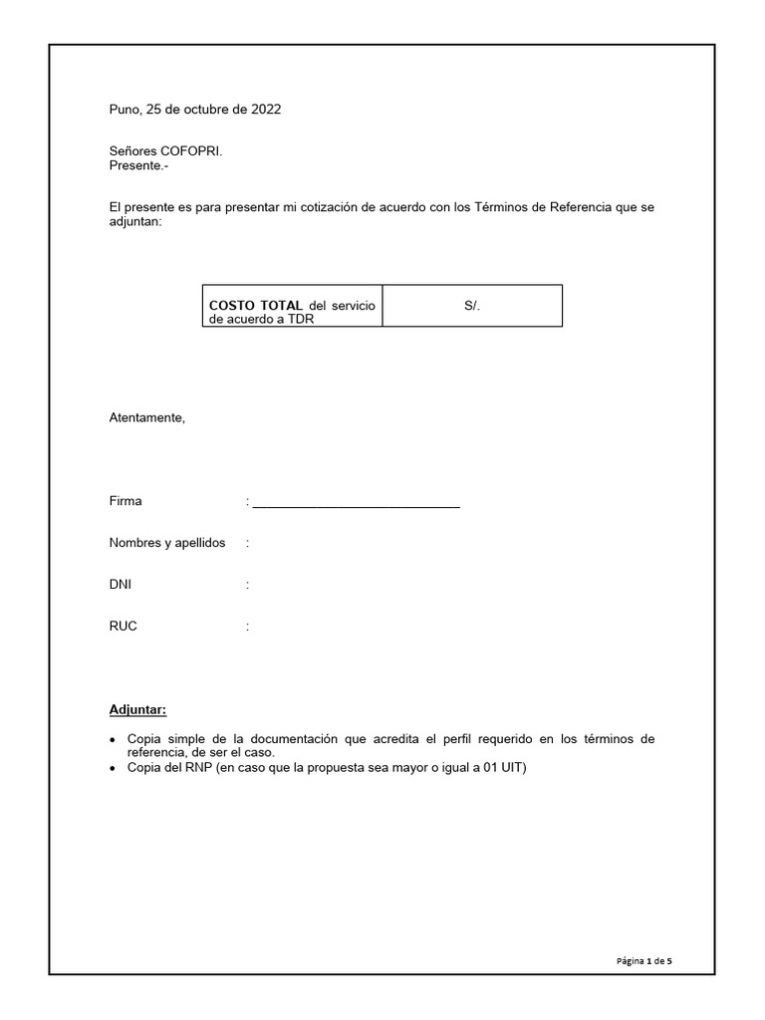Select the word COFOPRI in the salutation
(x=191, y=151)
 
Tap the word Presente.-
(x=138, y=165)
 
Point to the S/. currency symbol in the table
(x=472, y=306)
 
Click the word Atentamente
(x=146, y=417)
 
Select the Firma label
(x=126, y=501)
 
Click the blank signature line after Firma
(x=356, y=504)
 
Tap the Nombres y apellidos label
(x=166, y=543)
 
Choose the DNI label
(x=120, y=585)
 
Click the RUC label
(x=123, y=627)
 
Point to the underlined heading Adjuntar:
(x=137, y=710)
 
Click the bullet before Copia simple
(x=114, y=740)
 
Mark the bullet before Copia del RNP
(x=114, y=769)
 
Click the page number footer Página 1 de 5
(x=644, y=961)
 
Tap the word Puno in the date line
(x=125, y=110)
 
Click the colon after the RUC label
(x=247, y=627)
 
